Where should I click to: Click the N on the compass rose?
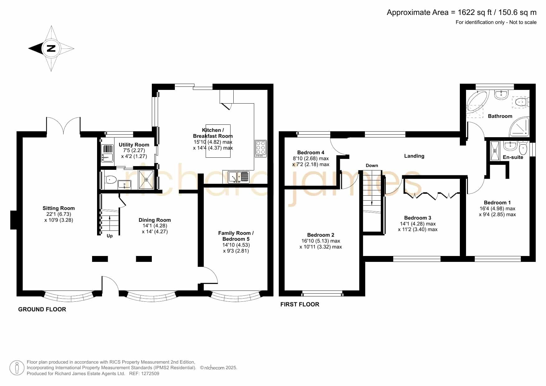51,49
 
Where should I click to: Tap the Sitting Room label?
58,208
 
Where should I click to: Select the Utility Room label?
134,145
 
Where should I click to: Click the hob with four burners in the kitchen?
261,148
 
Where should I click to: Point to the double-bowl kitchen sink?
239,177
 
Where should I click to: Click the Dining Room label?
155,220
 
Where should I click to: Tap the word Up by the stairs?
110,236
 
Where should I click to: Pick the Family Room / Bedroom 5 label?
236,236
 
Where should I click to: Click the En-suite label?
513,157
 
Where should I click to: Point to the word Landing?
414,156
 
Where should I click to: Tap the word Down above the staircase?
372,165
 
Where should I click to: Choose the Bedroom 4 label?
310,152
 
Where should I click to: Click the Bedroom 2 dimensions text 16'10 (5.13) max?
320,241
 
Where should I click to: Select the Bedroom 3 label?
418,218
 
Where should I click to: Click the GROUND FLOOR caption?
42,309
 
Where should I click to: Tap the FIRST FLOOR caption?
300,305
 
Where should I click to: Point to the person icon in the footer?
17,368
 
